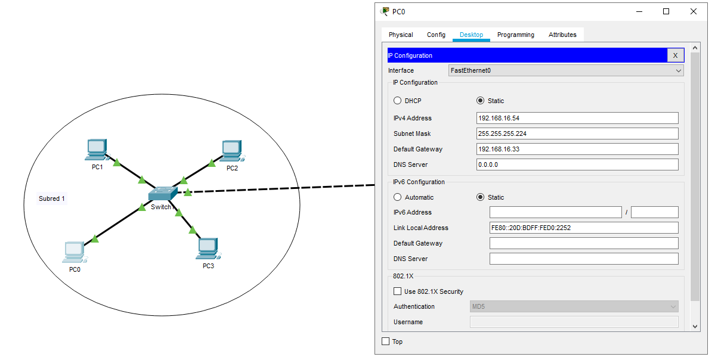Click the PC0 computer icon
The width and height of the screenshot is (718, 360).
click(x=74, y=252)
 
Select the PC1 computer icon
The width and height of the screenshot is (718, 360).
click(x=97, y=150)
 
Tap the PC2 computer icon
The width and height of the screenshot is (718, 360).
click(x=231, y=151)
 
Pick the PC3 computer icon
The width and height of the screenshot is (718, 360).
click(x=207, y=248)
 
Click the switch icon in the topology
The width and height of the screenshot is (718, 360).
click(x=162, y=194)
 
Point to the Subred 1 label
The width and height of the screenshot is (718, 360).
click(x=52, y=198)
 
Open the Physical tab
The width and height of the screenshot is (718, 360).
click(x=401, y=35)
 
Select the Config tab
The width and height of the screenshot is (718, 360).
click(x=436, y=35)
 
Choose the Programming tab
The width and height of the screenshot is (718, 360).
click(x=515, y=35)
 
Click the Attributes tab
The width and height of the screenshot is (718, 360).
click(x=562, y=35)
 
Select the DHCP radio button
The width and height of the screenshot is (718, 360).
click(x=398, y=101)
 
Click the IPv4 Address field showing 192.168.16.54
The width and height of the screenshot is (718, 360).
click(x=577, y=118)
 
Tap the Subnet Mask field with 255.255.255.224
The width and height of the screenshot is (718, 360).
click(x=577, y=134)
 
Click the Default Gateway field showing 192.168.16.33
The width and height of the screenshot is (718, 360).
click(x=577, y=149)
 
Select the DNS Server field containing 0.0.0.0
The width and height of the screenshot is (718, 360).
click(x=577, y=165)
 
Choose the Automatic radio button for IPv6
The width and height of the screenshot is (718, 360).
click(x=398, y=197)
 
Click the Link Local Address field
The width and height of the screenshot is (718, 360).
click(x=583, y=228)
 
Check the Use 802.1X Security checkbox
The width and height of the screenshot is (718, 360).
click(x=398, y=291)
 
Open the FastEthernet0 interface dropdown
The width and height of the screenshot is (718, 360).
click(x=565, y=70)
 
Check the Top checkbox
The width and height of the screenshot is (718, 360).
click(x=386, y=342)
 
